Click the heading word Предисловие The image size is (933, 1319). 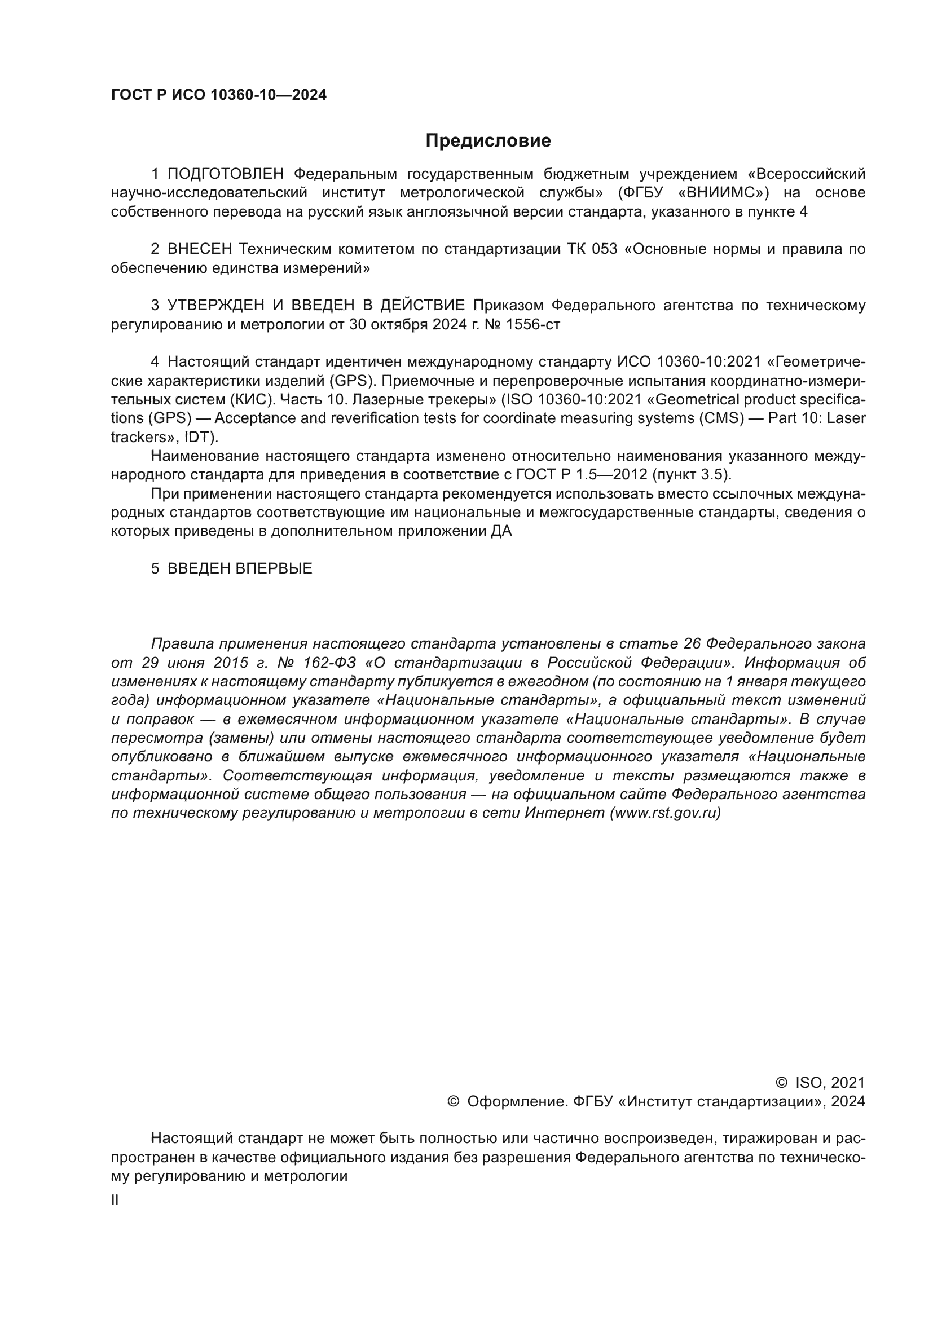[x=488, y=141]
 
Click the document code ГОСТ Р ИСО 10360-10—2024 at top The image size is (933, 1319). [x=218, y=95]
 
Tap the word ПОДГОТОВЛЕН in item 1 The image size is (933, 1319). [x=226, y=174]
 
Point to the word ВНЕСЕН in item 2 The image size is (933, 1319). [x=200, y=249]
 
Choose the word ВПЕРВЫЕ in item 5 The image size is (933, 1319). [x=274, y=569]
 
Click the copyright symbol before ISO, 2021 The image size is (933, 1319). [x=781, y=1083]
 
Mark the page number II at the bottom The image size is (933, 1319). [x=115, y=1200]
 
